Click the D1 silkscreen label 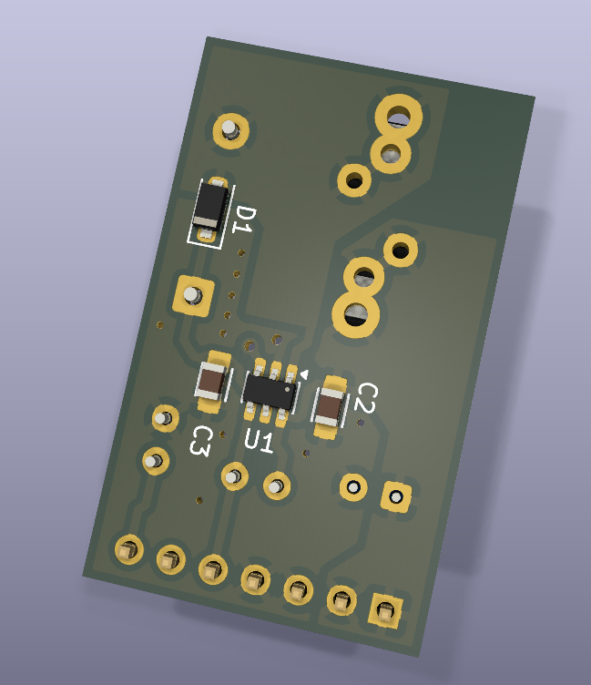pyautogui.click(x=243, y=220)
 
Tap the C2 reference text pyautogui.click(x=365, y=397)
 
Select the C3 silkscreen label pyautogui.click(x=201, y=441)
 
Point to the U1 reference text pyautogui.click(x=259, y=440)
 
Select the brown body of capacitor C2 pyautogui.click(x=331, y=406)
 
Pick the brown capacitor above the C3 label pyautogui.click(x=213, y=382)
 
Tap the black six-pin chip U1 pyautogui.click(x=270, y=391)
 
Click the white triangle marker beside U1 pyautogui.click(x=304, y=374)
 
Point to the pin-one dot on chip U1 pyautogui.click(x=288, y=388)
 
